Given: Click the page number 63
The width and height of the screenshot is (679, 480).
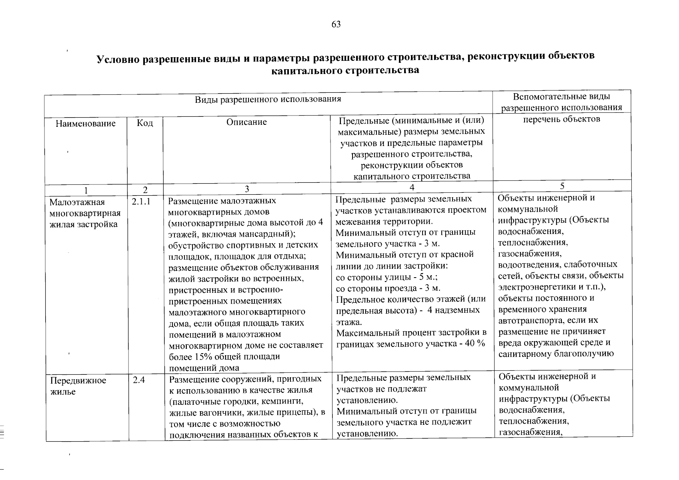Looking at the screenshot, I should tap(336, 24).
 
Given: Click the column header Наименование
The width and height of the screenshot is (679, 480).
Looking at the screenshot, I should tap(85, 124).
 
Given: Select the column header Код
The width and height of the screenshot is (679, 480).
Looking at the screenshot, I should tap(145, 123).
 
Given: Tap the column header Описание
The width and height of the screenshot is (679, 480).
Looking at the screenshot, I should tap(246, 122).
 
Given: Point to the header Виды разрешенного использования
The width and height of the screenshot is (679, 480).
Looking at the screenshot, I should tap(268, 99).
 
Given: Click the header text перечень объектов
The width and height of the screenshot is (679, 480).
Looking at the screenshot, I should tap(562, 119).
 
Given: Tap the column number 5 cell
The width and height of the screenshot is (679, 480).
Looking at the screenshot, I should tap(562, 186).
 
